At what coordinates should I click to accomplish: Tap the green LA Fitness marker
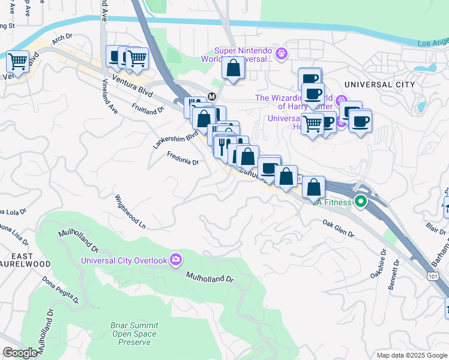coord(360,202)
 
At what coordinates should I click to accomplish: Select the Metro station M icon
coord(211,97)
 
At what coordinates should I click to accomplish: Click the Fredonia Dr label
coord(182,158)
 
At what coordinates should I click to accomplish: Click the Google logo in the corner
coord(20,353)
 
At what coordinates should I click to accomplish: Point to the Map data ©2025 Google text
coord(411,355)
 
